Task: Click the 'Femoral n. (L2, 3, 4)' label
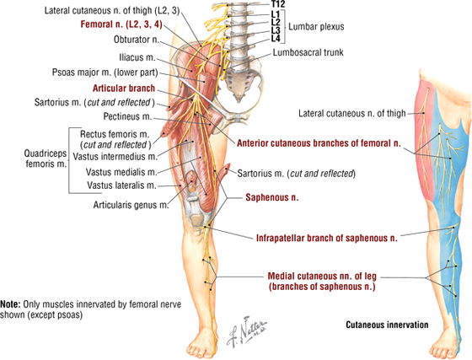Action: pos(121,24)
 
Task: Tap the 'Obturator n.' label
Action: pos(137,40)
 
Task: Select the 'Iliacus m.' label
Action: pos(137,57)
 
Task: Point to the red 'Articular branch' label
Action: pos(124,89)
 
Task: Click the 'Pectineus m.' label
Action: pos(127,116)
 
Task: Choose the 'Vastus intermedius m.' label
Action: pos(115,157)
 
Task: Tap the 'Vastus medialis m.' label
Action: pos(121,172)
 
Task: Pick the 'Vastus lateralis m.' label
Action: pos(122,185)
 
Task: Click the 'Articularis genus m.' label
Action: pos(131,205)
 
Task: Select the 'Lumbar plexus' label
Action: pos(316,26)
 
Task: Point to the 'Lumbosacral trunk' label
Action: pos(308,52)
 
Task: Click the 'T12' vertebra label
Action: pos(277,4)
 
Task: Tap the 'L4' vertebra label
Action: pos(276,38)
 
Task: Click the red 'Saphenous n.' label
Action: pos(272,197)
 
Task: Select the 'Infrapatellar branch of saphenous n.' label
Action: pos(327,238)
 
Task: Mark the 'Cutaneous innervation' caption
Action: pos(387,325)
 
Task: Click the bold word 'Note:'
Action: pos(10,304)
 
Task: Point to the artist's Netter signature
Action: pos(246,331)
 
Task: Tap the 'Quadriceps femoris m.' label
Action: pos(46,159)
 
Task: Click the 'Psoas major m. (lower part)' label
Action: pos(105,73)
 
